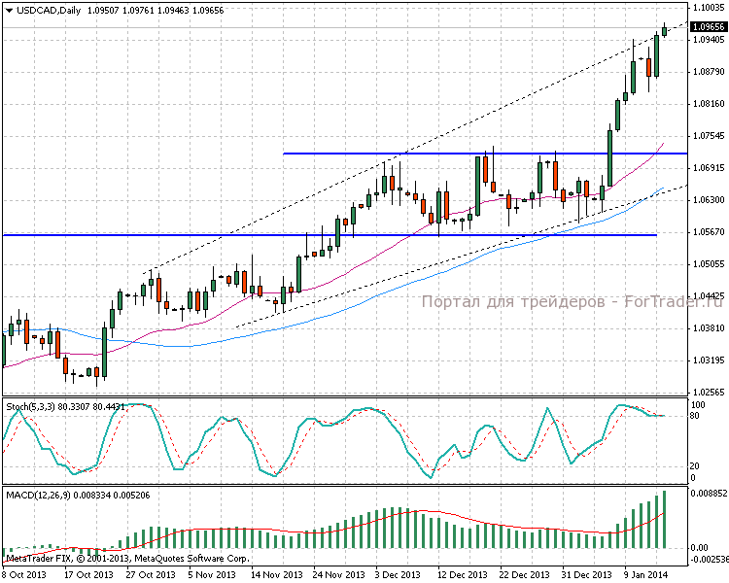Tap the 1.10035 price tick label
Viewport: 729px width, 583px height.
[x=709, y=7]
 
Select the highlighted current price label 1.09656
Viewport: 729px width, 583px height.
[x=709, y=27]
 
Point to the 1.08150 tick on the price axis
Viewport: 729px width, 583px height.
[x=709, y=103]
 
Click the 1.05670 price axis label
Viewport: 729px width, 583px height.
[x=709, y=231]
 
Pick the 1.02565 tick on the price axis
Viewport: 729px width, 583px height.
[x=709, y=392]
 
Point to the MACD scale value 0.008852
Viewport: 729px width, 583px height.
[x=709, y=494]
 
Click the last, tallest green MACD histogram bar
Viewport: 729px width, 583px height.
[x=665, y=520]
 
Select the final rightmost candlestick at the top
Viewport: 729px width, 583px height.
[x=665, y=30]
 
